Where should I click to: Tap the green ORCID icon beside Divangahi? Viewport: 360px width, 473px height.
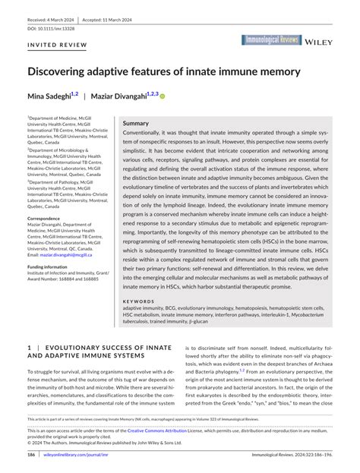click(162, 97)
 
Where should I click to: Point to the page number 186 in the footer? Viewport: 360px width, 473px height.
click(32, 454)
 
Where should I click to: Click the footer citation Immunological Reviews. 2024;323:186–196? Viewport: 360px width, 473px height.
click(291, 454)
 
